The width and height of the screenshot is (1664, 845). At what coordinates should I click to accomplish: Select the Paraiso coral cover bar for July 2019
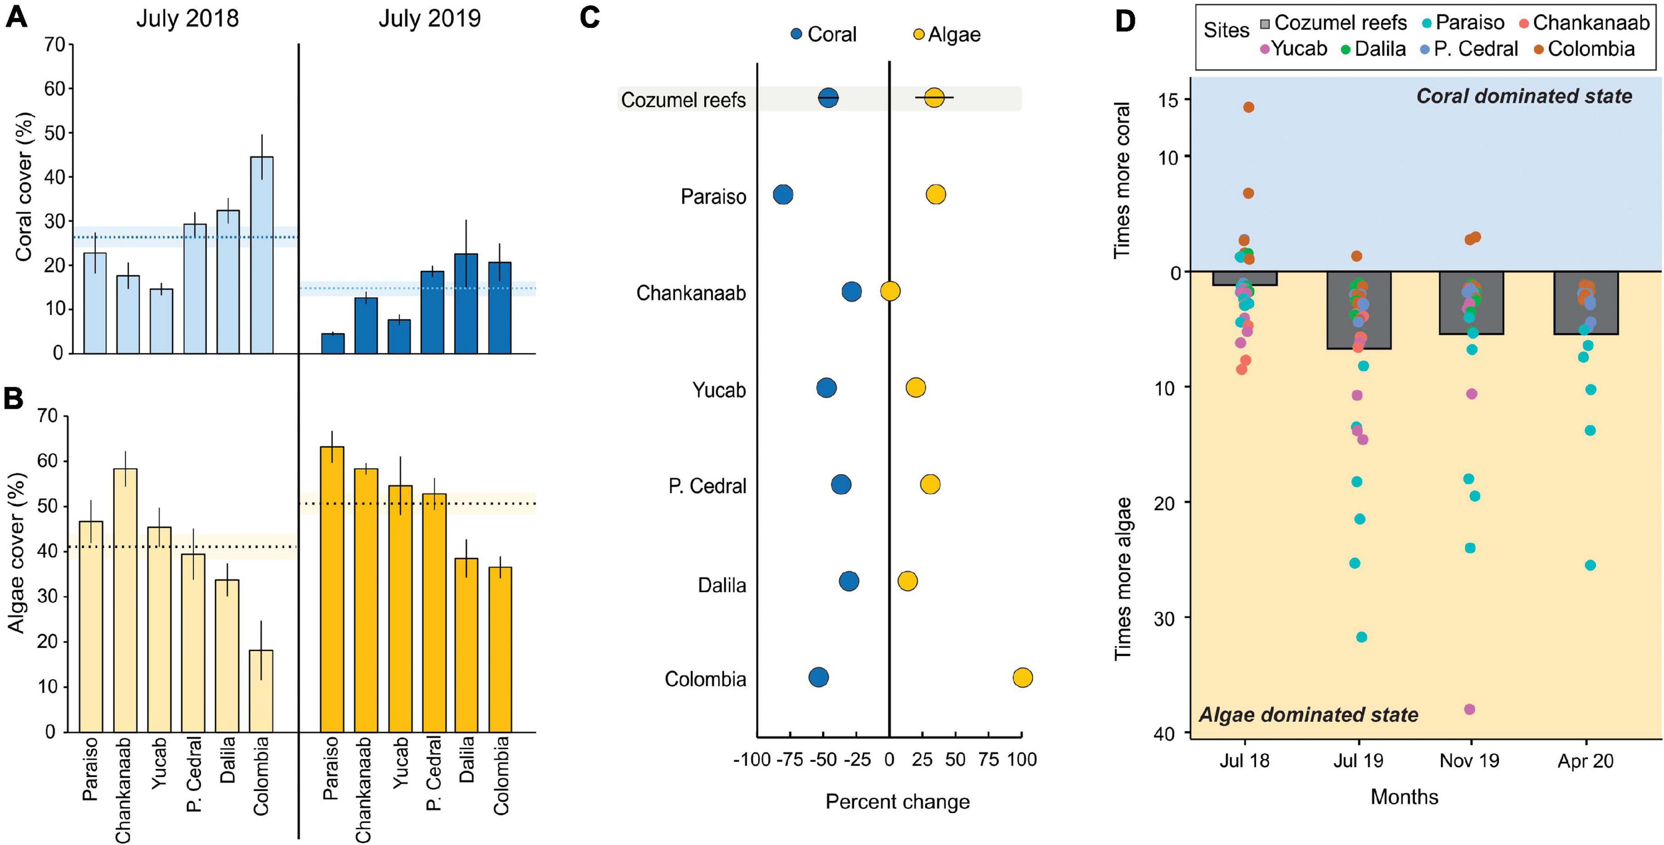(333, 344)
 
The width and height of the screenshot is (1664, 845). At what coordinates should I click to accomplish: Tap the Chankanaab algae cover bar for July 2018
(125, 599)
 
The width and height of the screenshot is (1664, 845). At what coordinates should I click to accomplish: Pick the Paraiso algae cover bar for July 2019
(332, 589)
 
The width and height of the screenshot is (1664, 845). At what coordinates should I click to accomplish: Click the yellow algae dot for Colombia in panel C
(1022, 678)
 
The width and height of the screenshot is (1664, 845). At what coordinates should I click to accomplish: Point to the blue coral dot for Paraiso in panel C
(783, 194)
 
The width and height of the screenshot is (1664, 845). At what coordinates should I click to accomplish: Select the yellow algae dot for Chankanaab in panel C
(891, 291)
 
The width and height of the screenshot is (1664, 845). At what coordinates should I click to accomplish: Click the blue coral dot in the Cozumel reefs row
(829, 98)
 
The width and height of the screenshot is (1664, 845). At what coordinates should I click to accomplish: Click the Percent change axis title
(897, 802)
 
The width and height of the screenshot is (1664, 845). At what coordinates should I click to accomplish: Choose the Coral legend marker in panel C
(797, 34)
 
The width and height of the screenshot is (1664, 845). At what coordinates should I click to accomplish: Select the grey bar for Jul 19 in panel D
(1358, 310)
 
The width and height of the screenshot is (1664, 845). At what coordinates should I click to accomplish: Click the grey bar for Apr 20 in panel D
(1586, 302)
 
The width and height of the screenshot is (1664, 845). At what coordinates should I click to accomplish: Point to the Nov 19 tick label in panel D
(1470, 761)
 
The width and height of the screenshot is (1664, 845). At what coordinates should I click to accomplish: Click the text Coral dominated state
(1524, 97)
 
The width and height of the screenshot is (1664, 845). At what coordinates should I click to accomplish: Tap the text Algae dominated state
(1308, 715)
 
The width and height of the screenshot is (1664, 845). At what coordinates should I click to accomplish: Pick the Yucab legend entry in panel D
(1294, 49)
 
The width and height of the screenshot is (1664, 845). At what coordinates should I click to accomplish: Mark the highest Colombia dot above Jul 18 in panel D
(1249, 107)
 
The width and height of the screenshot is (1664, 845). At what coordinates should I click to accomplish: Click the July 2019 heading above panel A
(429, 19)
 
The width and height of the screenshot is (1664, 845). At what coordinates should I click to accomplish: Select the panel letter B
(14, 398)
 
